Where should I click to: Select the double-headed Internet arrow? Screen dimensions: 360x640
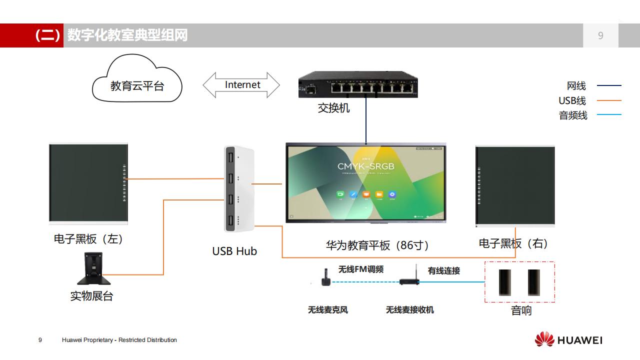[x=241, y=85]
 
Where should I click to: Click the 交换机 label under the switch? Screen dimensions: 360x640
[x=333, y=108]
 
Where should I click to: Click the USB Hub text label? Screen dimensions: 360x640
[x=234, y=251]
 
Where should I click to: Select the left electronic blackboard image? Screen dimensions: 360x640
[x=88, y=183]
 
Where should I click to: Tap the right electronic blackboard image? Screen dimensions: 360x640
[x=515, y=186]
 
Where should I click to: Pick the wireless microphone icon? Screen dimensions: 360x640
[x=325, y=277]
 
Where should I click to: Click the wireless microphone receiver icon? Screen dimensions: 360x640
[x=408, y=278]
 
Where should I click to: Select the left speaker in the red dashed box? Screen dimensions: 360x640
[x=505, y=282]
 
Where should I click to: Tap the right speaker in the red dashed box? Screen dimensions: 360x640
[x=534, y=282]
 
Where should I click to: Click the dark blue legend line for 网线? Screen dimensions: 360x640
[x=609, y=86]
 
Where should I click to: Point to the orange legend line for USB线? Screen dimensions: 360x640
[x=609, y=100]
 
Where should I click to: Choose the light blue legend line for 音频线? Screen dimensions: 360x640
[x=609, y=115]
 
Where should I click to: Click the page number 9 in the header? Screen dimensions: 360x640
[x=600, y=35]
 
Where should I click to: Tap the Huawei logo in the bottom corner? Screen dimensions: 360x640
[x=568, y=340]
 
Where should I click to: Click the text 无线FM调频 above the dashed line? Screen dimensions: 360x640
[x=361, y=269]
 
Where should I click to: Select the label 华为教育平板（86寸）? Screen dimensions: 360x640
[x=377, y=245]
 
